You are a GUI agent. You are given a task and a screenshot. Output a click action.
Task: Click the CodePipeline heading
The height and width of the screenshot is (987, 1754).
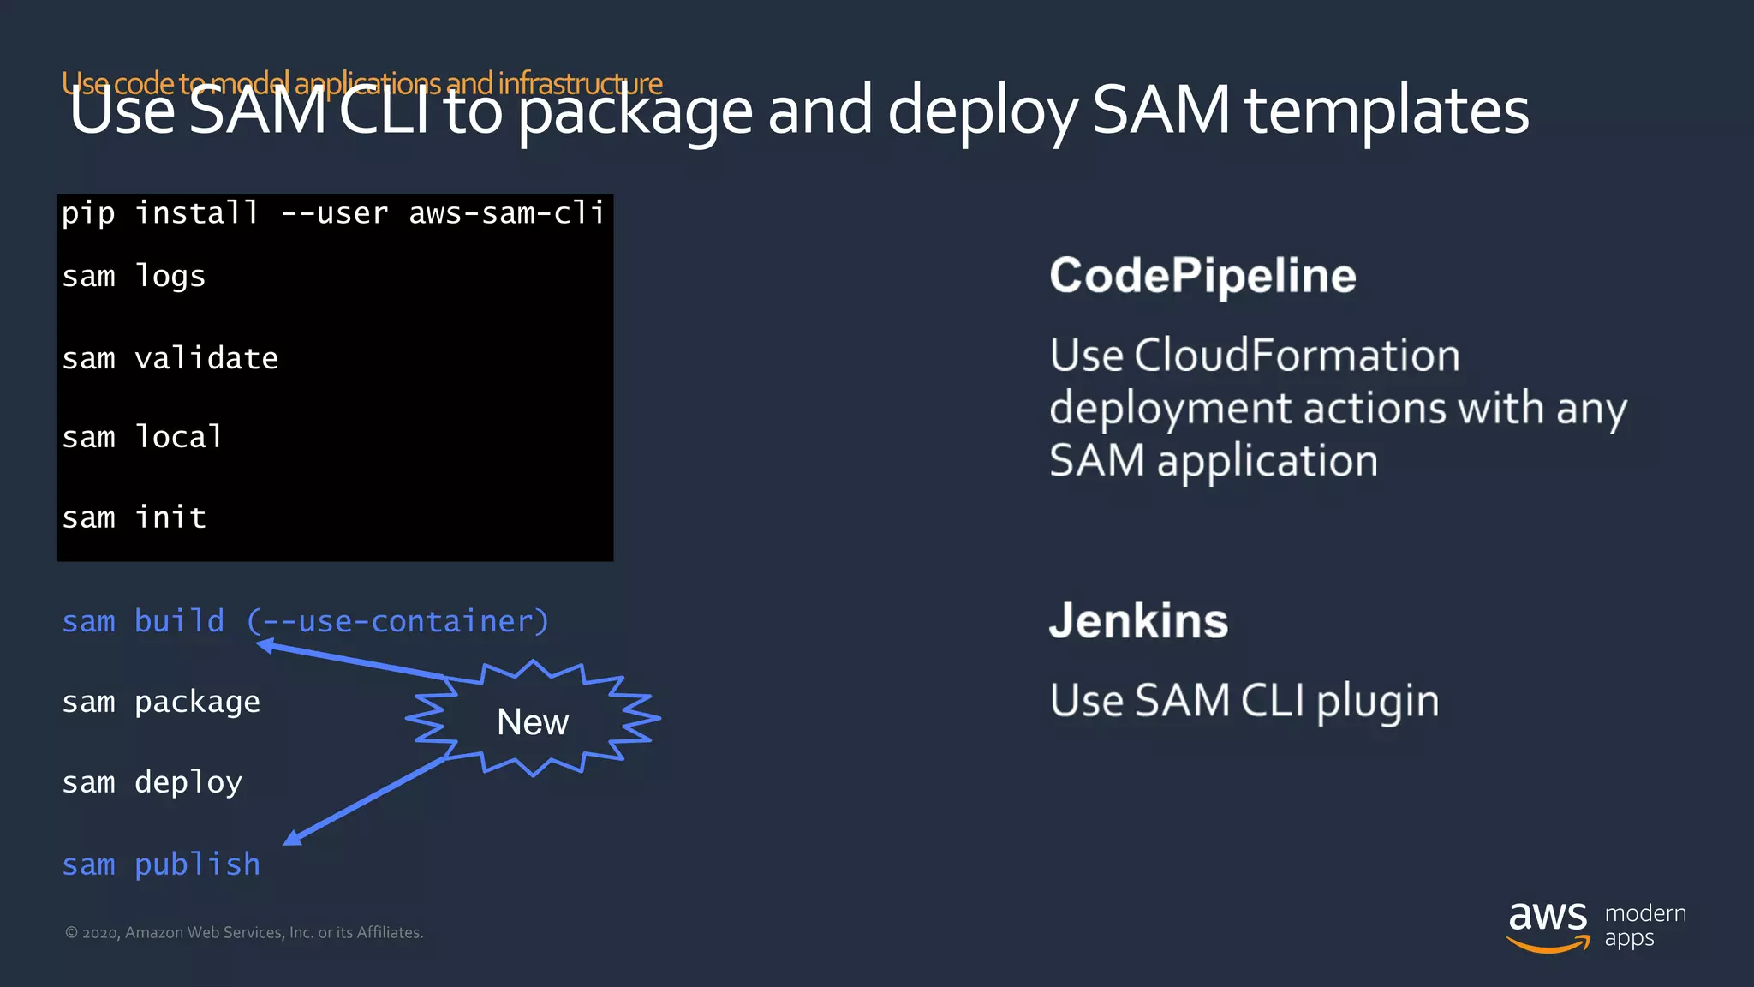point(1202,276)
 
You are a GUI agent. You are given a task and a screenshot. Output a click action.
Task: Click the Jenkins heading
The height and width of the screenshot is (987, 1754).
point(1138,621)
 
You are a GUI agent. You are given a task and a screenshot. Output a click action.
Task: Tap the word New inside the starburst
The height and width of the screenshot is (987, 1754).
point(532,722)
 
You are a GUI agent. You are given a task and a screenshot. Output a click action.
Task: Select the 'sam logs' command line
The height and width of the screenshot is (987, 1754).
point(134,277)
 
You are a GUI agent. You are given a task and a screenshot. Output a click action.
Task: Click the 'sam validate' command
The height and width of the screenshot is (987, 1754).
point(170,358)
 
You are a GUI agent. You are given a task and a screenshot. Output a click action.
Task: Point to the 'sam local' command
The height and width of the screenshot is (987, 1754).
point(142,437)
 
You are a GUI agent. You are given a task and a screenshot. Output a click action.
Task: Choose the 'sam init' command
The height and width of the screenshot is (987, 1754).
point(134,517)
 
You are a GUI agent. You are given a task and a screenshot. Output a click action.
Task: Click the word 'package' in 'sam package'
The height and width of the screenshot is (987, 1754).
point(197,703)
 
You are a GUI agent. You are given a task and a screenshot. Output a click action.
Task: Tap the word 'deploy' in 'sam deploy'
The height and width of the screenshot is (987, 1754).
point(188,782)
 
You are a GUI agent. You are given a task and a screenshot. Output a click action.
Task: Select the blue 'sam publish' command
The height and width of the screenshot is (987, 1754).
point(161,864)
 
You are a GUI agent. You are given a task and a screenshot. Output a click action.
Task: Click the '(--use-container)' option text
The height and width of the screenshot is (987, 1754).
point(397,621)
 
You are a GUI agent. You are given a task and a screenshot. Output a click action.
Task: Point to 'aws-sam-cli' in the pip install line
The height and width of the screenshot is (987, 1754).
point(506,212)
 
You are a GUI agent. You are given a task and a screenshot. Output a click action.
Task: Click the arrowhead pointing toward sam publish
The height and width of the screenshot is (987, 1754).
point(293,837)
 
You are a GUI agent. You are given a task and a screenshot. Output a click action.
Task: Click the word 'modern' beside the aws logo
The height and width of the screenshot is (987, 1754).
point(1645,913)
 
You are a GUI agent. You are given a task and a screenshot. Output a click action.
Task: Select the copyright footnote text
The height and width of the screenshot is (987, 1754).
point(244,932)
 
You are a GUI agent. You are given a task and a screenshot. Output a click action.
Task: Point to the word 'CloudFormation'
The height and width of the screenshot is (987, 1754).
point(1297,356)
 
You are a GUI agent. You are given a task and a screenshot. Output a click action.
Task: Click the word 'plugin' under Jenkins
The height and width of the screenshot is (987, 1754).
point(1377,702)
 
